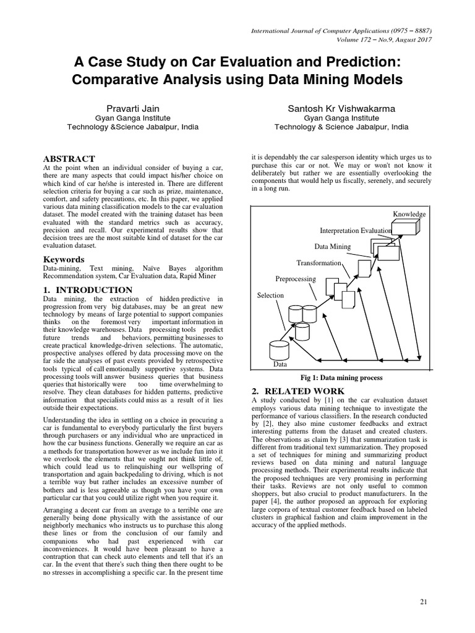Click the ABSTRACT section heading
tap(69, 159)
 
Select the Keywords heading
tap(64, 260)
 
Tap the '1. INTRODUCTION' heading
tap(87, 290)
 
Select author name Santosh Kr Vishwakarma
tap(341, 108)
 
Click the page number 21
tap(424, 601)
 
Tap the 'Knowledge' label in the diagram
tap(409, 215)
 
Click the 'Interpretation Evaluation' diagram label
tap(356, 231)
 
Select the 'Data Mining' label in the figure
tap(332, 247)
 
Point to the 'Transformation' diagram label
tap(319, 263)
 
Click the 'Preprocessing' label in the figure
tap(295, 279)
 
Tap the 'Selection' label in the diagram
tap(270, 295)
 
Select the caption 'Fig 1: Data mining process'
tap(341, 378)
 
